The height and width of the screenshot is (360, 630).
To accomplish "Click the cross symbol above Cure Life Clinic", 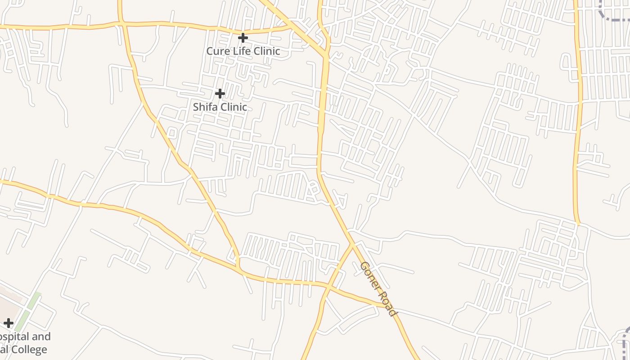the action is [243, 37].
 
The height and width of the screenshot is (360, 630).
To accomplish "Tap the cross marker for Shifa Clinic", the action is [220, 94].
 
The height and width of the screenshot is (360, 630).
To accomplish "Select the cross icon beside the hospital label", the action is [9, 323].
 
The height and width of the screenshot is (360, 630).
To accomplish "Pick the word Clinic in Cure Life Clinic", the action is [267, 51].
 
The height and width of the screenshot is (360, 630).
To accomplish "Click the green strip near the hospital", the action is [31, 306].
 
